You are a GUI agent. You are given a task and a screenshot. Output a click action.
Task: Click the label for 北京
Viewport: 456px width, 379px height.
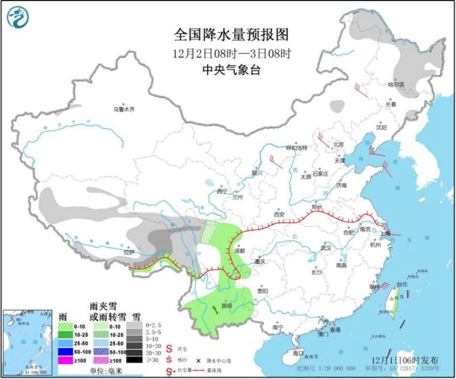339,144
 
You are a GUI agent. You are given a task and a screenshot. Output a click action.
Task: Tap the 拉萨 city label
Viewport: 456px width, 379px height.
128,253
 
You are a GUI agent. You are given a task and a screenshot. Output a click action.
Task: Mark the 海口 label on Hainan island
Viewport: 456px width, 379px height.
297,354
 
